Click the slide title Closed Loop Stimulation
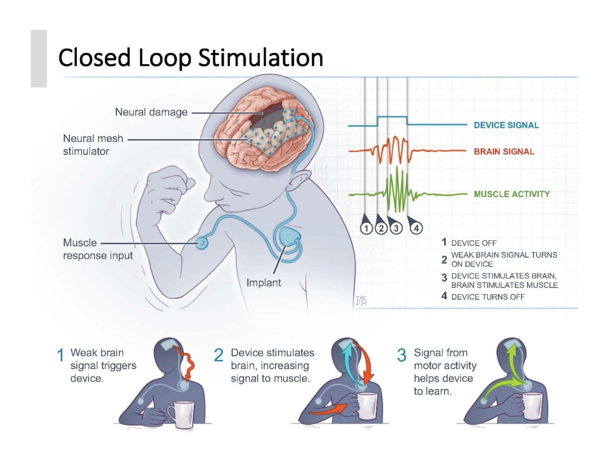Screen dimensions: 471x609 [x=191, y=58]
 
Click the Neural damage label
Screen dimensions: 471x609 [x=151, y=112]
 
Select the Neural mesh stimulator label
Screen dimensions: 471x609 [x=93, y=145]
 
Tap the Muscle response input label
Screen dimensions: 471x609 [x=97, y=249]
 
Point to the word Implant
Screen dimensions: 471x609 [x=263, y=283]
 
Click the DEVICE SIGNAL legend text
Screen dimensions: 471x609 [x=506, y=125]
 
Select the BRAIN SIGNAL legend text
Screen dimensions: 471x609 [x=504, y=152]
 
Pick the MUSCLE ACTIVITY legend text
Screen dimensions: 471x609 [x=512, y=194]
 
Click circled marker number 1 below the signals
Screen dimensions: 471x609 [x=366, y=228]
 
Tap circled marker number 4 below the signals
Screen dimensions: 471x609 [x=416, y=228]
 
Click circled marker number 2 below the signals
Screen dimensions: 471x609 [x=381, y=228]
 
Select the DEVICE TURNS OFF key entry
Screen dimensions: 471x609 [x=487, y=297]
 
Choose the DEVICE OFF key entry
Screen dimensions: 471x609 [x=473, y=243]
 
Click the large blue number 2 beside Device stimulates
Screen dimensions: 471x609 [x=218, y=355]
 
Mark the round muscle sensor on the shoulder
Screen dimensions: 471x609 [x=202, y=243]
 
